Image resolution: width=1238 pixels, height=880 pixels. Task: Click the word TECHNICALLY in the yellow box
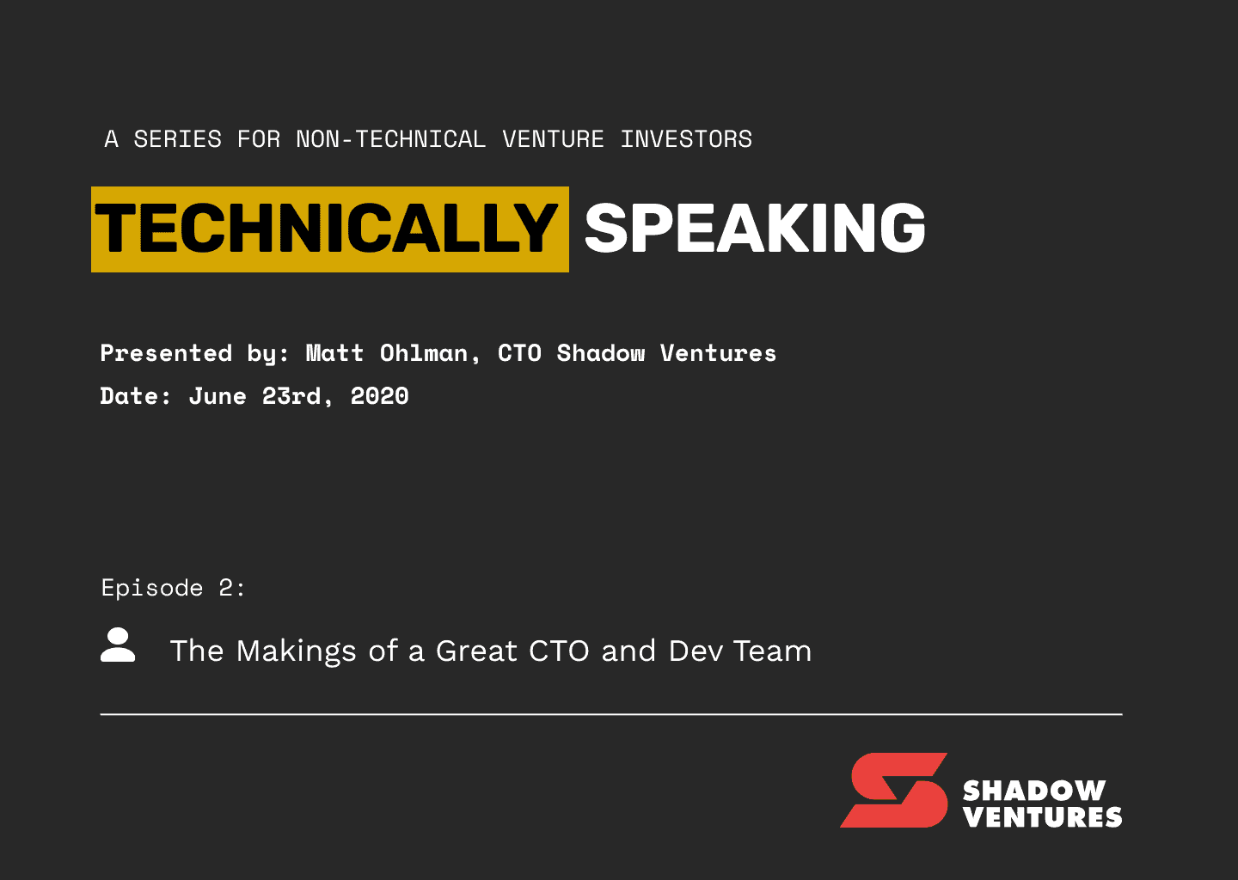click(x=326, y=228)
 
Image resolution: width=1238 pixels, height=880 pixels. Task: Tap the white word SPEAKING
click(x=755, y=228)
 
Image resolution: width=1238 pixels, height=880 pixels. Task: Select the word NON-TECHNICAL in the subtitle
click(x=390, y=139)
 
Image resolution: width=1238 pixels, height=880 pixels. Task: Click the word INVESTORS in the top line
click(x=686, y=139)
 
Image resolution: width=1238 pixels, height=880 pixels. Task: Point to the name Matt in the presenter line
click(x=334, y=353)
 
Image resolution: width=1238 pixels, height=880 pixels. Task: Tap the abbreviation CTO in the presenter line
click(x=519, y=353)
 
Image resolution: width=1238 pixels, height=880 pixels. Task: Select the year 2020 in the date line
click(x=380, y=396)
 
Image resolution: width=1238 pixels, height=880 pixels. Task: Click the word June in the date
click(x=218, y=396)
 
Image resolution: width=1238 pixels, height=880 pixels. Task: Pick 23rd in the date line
click(x=291, y=396)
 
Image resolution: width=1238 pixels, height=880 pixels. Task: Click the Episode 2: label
click(x=173, y=588)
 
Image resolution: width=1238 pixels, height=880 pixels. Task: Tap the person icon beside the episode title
click(x=118, y=645)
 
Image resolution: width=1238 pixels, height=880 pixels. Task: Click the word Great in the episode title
click(x=476, y=651)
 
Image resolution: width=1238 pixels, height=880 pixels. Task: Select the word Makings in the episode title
click(x=297, y=652)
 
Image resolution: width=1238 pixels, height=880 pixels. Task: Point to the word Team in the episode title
click(x=773, y=651)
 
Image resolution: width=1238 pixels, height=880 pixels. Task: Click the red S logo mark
click(x=894, y=790)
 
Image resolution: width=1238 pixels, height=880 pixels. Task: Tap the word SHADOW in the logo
click(x=1034, y=791)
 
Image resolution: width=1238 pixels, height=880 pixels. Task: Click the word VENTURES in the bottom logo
click(x=1042, y=817)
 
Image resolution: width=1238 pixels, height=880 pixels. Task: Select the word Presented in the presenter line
click(x=166, y=353)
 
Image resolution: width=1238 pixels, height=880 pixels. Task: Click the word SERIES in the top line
click(x=177, y=139)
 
